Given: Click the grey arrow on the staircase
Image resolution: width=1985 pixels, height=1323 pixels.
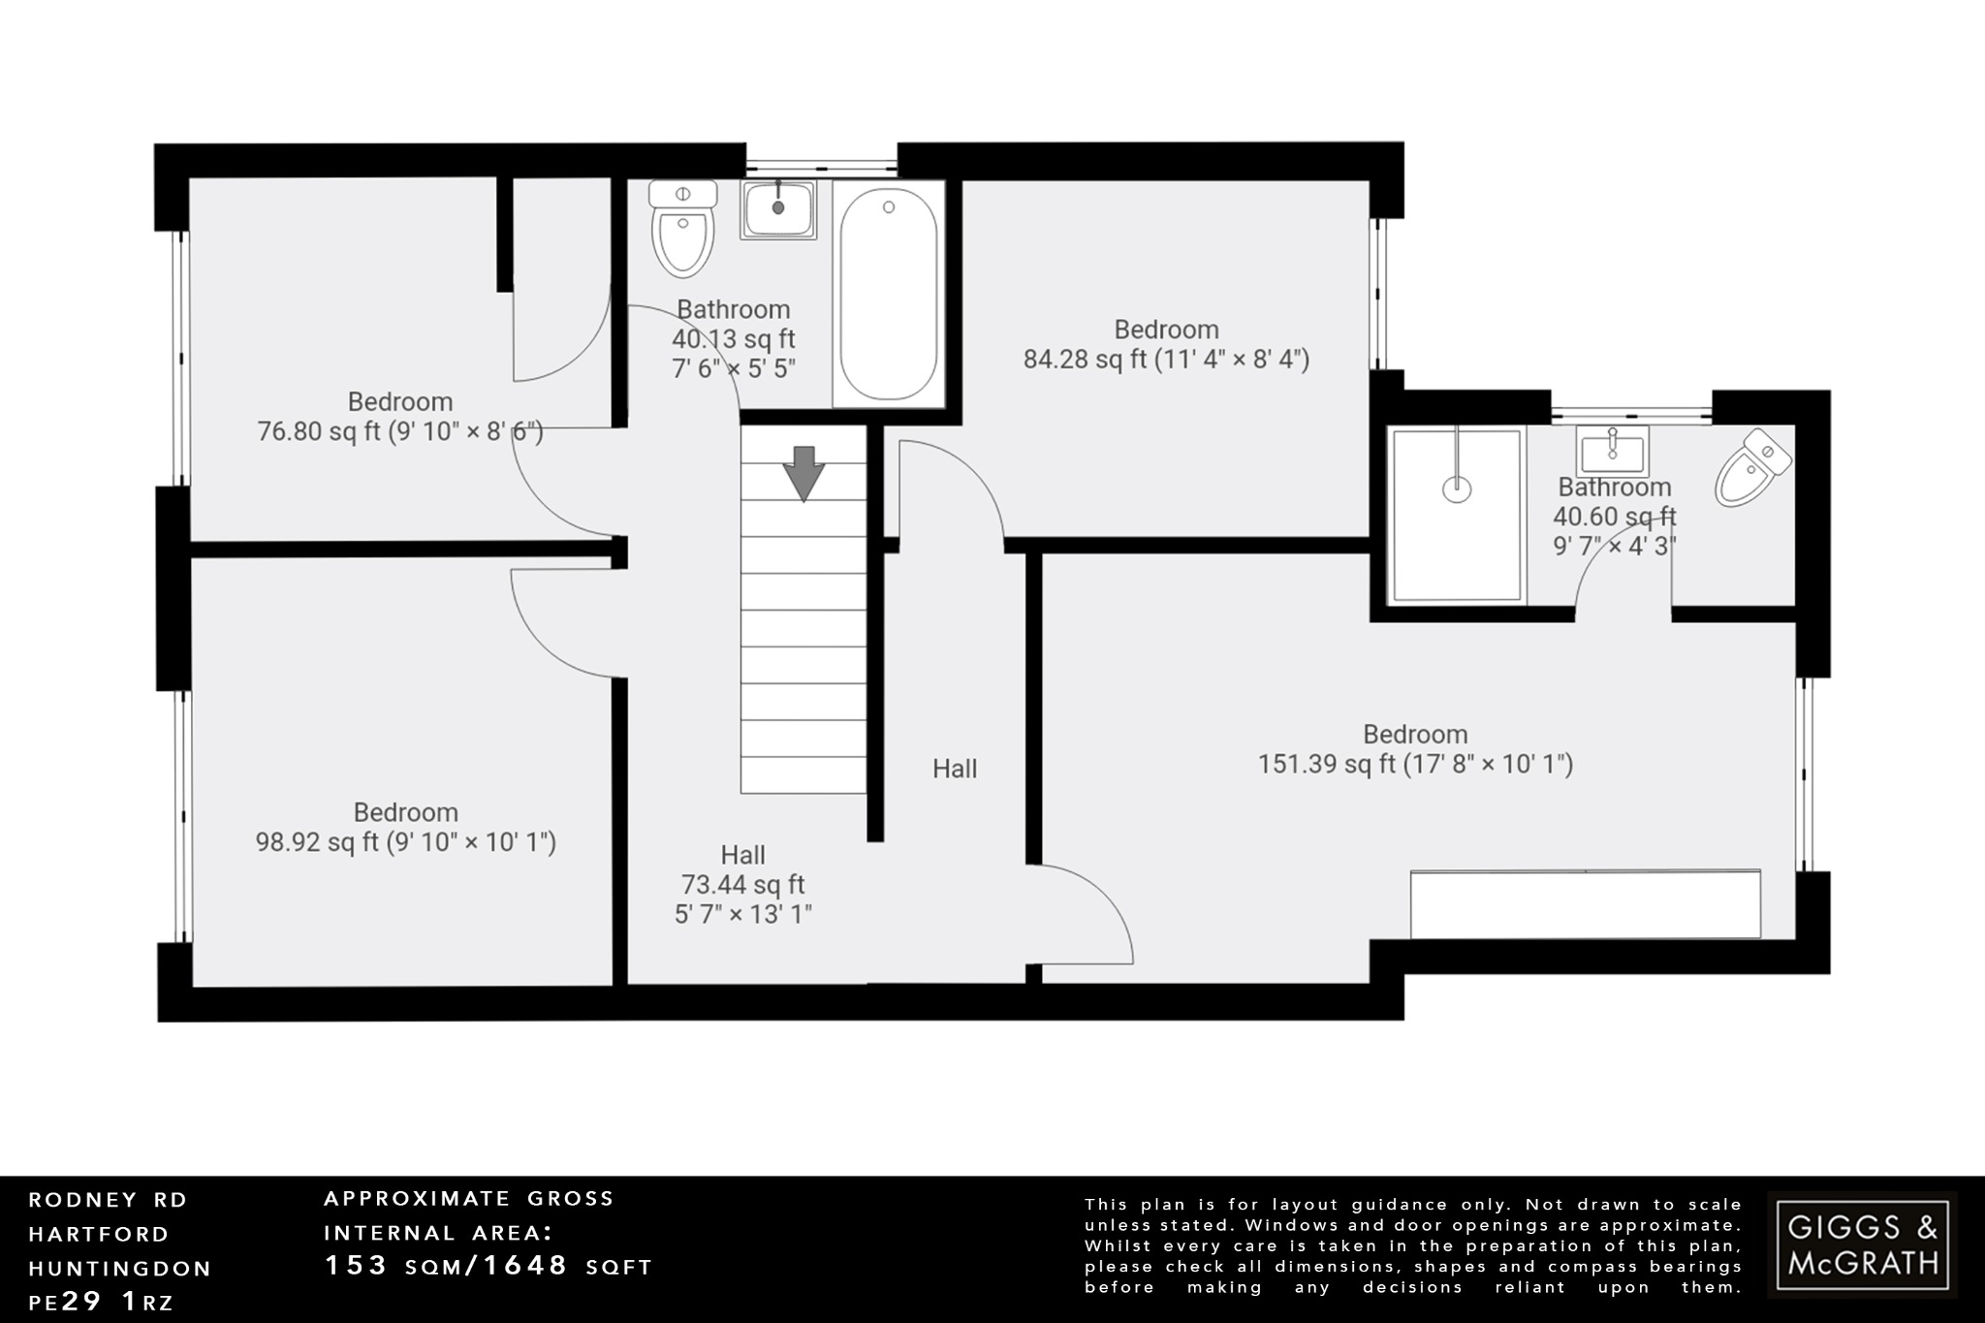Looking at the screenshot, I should (x=803, y=472).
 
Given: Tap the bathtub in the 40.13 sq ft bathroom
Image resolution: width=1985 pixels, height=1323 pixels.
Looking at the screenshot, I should (x=889, y=294).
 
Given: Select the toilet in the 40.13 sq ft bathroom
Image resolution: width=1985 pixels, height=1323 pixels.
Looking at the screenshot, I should (x=683, y=229).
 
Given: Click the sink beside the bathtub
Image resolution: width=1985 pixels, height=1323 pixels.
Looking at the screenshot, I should (x=778, y=208).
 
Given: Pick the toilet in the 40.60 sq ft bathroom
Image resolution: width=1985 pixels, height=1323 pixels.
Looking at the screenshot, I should (x=1752, y=468).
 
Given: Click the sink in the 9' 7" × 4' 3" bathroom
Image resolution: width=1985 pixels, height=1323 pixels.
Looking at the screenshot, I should (x=1612, y=451).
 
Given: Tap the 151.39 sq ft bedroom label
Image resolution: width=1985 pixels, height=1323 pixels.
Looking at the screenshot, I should (x=1415, y=735).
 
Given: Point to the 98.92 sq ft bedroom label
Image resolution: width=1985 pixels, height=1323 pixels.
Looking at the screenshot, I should (x=405, y=812).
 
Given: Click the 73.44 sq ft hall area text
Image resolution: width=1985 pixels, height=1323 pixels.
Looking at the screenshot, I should (x=743, y=884).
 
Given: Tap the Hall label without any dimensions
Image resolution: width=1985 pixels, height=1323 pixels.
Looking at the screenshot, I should (x=955, y=769).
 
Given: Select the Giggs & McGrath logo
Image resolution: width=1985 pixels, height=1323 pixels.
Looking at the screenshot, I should (x=1862, y=1244).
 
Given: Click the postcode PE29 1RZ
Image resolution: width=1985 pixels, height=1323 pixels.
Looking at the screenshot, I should (x=102, y=1302).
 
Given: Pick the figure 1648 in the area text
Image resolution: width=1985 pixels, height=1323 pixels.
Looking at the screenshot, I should (x=525, y=1265).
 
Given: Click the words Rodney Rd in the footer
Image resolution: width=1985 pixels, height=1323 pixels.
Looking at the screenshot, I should (x=109, y=1200).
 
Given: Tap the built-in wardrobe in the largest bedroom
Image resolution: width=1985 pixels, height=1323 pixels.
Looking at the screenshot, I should (x=1585, y=904).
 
